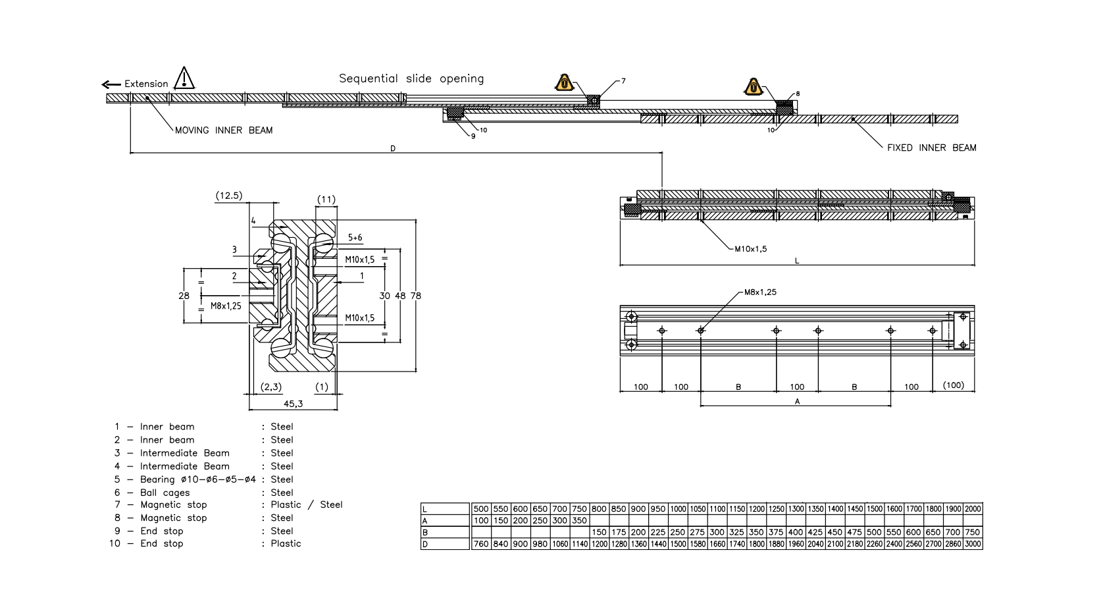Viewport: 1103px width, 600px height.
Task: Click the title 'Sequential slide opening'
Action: click(411, 78)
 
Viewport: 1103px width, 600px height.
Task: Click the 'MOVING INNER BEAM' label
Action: click(223, 130)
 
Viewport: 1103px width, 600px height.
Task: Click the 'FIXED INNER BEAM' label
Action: click(931, 148)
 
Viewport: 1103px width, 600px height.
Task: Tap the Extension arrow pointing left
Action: click(111, 84)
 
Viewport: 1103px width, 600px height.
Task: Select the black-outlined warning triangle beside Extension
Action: click(184, 78)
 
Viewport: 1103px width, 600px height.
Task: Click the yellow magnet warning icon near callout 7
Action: click(564, 83)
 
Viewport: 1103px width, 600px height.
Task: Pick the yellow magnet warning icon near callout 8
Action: click(753, 87)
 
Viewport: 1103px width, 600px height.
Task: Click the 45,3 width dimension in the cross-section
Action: click(293, 403)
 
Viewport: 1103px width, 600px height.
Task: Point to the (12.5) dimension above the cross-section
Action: click(229, 196)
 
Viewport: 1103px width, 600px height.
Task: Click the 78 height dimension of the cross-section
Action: click(415, 296)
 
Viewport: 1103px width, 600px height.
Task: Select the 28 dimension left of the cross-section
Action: click(184, 296)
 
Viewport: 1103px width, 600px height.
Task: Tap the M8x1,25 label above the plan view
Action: click(760, 292)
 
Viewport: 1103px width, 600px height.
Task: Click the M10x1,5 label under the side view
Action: click(750, 249)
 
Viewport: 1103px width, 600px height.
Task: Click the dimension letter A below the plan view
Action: click(797, 401)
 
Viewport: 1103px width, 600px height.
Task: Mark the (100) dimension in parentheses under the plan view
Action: click(953, 385)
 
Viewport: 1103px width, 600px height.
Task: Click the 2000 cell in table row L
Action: click(973, 508)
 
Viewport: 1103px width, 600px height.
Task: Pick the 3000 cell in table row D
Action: click(973, 544)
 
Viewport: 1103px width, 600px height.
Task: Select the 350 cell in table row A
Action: click(579, 520)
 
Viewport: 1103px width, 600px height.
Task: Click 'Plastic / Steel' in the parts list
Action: click(306, 505)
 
